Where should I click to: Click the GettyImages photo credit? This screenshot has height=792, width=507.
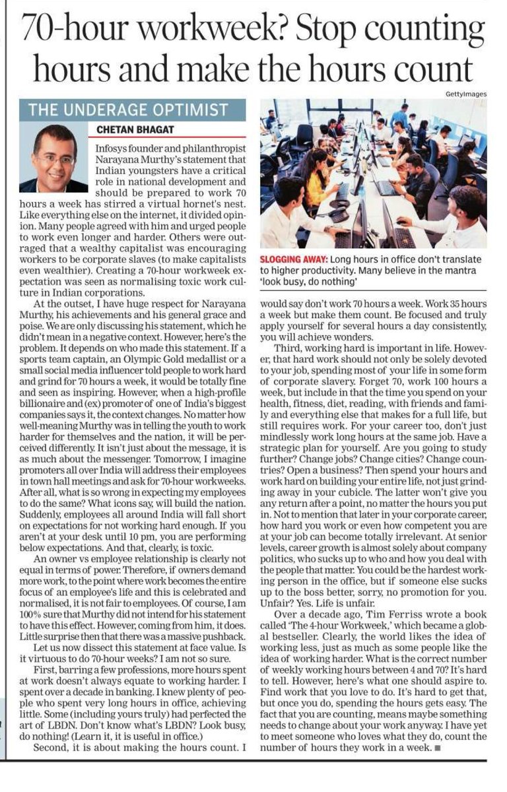465,94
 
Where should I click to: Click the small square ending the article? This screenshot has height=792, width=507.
438,749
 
